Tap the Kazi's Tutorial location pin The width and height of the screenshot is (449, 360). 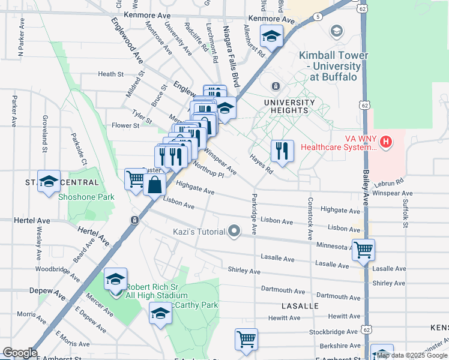(x=234, y=231)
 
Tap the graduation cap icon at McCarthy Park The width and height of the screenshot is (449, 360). (x=160, y=313)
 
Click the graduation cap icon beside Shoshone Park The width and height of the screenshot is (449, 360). (x=49, y=181)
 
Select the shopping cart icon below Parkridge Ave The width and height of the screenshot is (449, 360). (x=246, y=339)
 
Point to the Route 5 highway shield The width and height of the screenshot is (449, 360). (x=316, y=17)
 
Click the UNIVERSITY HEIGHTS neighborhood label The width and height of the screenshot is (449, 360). (x=289, y=107)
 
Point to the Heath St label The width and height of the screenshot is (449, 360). (x=110, y=74)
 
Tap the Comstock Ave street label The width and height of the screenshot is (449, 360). (x=310, y=219)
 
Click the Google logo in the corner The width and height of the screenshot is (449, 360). (x=20, y=353)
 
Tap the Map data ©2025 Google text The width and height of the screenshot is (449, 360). (x=412, y=356)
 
